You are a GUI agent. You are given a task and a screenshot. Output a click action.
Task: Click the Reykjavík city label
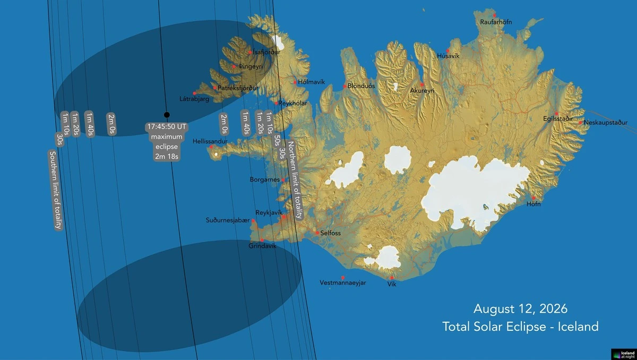[268, 212]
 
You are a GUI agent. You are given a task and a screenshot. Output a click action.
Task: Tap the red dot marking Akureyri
[422, 84]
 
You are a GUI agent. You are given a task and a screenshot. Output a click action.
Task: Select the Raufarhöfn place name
[496, 22]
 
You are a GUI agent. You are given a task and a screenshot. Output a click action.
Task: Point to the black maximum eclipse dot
[167, 115]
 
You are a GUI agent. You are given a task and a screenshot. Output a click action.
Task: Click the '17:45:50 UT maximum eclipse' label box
[167, 142]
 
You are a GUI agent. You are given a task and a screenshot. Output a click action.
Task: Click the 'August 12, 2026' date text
[520, 308]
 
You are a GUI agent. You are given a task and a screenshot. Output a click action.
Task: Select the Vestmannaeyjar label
[343, 283]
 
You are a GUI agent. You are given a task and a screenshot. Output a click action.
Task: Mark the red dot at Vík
[392, 278]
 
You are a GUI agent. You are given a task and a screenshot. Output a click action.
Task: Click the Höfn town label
[533, 204]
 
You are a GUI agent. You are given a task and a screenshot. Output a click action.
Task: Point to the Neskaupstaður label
[605, 123]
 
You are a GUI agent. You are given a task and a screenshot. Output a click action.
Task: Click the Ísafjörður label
[266, 52]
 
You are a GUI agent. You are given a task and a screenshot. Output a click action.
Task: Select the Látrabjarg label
[194, 99]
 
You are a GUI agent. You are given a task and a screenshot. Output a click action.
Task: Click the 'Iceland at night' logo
[623, 354]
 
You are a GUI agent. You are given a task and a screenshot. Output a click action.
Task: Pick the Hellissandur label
[210, 142]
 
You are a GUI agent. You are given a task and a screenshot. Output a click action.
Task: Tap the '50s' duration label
[277, 141]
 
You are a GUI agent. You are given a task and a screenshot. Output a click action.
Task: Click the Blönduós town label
[361, 86]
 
